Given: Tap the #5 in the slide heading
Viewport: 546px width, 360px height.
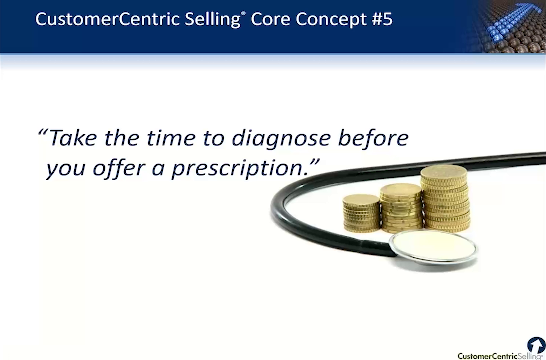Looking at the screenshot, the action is coord(382,19).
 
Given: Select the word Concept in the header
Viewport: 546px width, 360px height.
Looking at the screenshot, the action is coord(331,19).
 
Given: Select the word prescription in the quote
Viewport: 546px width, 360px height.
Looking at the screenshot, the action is coord(239,168).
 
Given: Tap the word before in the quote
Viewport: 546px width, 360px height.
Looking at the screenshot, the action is coord(373,138).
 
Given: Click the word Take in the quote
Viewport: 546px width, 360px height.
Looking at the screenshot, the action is coord(73,138).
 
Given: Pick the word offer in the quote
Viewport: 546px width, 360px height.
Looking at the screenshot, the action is coord(119,168).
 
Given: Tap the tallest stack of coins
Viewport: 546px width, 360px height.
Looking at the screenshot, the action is coord(445,199).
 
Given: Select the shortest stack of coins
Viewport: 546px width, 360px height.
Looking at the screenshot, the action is coord(361,213).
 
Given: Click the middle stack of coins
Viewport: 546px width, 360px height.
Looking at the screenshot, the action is coord(401,208).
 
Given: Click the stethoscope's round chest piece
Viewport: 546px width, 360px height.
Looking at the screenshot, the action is coord(433,247).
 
